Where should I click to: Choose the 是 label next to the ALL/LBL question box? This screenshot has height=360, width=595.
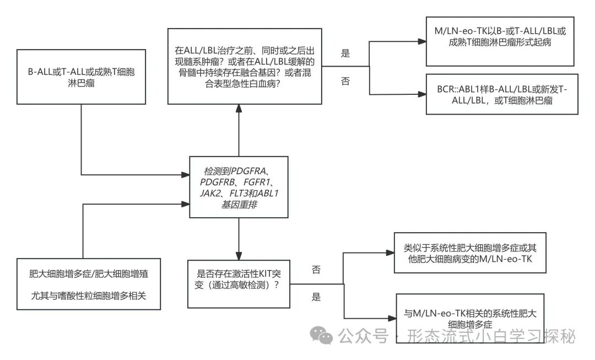click(345, 53)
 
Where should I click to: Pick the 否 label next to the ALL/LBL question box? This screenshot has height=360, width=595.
click(345, 81)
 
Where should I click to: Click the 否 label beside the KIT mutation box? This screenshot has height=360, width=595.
click(316, 270)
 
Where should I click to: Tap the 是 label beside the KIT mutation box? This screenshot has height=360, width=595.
click(316, 297)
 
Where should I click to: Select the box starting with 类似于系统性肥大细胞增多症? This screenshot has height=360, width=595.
click(470, 252)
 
